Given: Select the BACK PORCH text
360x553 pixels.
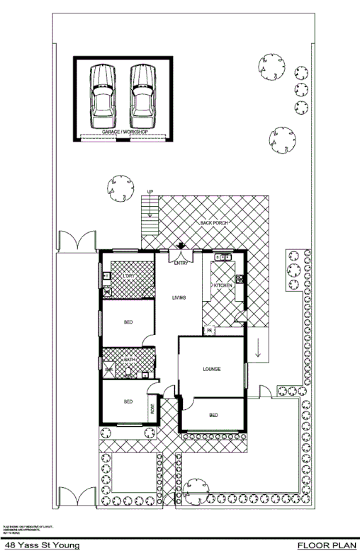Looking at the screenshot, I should click(214, 223).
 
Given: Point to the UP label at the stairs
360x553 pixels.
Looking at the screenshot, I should click(150, 192).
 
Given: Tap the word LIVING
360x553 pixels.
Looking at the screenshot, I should click(179, 297).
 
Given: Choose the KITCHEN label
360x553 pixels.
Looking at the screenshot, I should click(223, 285).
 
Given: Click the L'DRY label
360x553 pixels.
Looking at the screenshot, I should click(128, 275).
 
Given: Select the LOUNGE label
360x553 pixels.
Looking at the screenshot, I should click(212, 369).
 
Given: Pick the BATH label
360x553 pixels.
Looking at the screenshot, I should click(130, 360).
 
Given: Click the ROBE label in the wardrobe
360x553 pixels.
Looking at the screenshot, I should click(152, 409).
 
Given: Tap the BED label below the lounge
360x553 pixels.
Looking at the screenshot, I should click(213, 415).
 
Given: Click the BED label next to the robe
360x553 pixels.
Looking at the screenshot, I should click(128, 401).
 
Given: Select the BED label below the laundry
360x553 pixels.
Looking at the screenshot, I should click(128, 323).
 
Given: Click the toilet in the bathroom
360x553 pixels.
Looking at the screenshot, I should click(110, 370).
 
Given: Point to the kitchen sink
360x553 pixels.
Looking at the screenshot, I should click(223, 258).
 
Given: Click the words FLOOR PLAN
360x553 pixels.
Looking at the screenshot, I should click(325, 545).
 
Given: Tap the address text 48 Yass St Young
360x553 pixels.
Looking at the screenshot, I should click(41, 545).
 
